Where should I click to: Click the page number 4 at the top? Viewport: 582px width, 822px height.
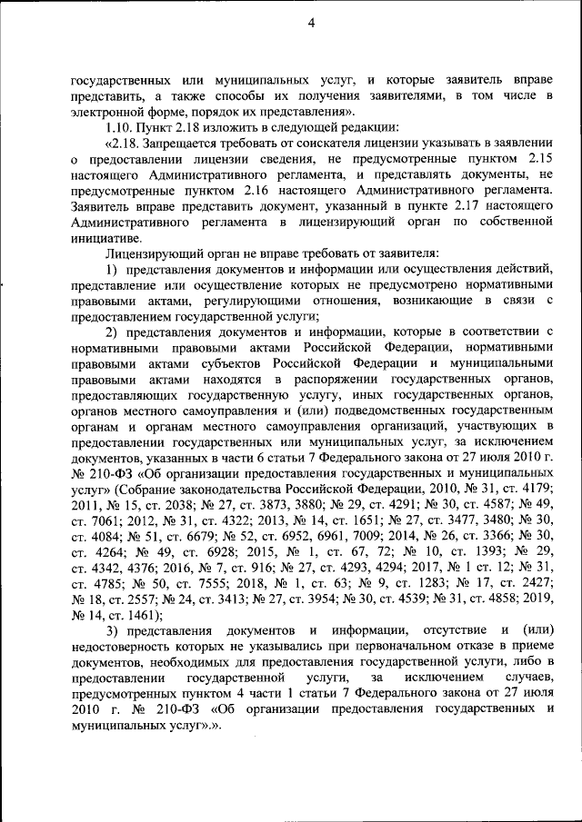pos(310,25)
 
